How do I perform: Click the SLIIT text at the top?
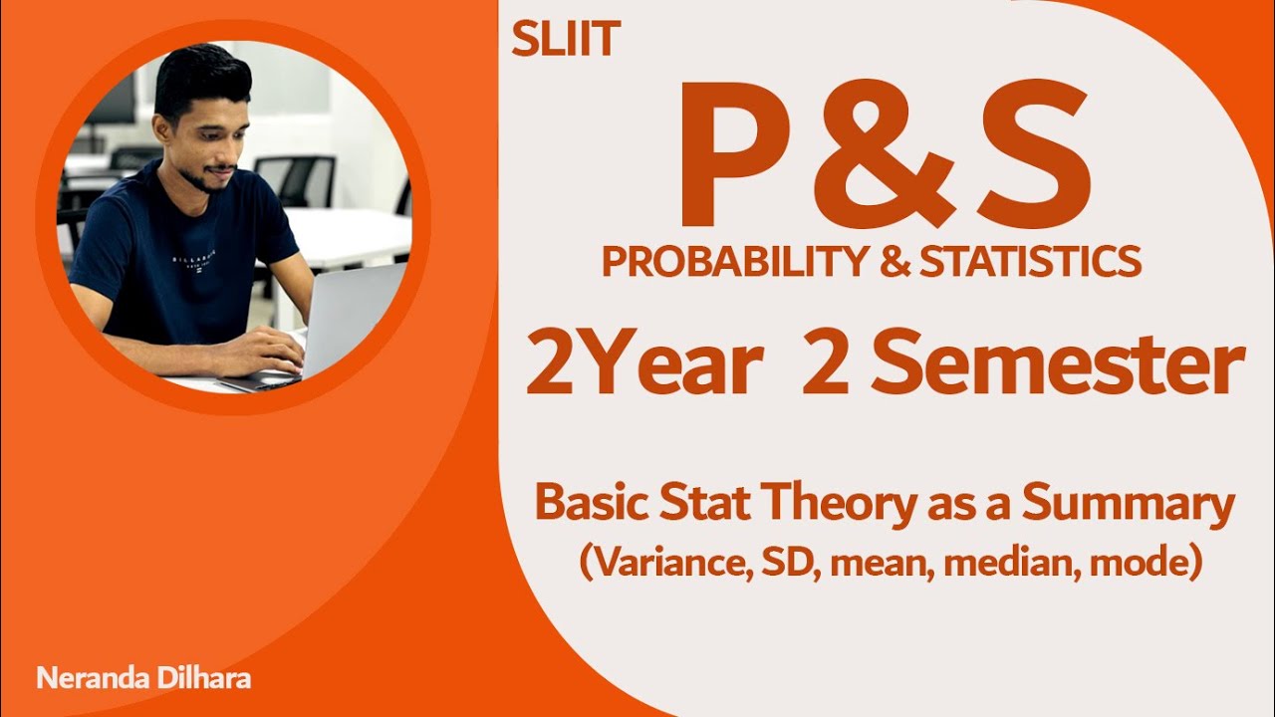(x=566, y=39)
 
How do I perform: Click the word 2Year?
(x=643, y=365)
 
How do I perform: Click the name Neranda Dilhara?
(x=143, y=679)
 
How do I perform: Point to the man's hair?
(x=199, y=75)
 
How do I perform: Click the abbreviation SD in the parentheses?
(x=784, y=565)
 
